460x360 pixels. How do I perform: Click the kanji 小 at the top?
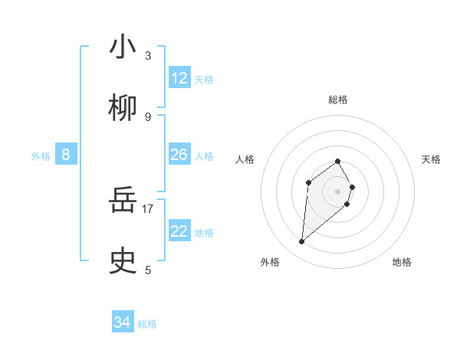tap(123, 47)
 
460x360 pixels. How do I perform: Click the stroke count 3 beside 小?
tap(148, 56)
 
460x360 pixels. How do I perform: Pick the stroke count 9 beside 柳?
tap(148, 117)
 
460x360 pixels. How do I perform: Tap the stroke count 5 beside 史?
tap(148, 270)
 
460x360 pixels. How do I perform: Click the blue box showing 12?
tap(179, 78)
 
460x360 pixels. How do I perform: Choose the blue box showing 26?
tap(179, 155)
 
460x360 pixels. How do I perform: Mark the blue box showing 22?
tap(179, 231)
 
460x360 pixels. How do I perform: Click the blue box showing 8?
tap(66, 155)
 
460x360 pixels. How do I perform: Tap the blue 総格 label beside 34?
tap(147, 324)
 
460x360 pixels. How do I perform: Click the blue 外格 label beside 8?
tap(41, 156)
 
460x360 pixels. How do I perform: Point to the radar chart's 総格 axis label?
tap(338, 100)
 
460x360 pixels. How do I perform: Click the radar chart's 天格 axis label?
tap(431, 159)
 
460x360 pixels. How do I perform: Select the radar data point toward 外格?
tap(302, 242)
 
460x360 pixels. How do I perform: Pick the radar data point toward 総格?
tap(338, 161)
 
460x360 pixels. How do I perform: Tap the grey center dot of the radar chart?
tap(338, 191)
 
